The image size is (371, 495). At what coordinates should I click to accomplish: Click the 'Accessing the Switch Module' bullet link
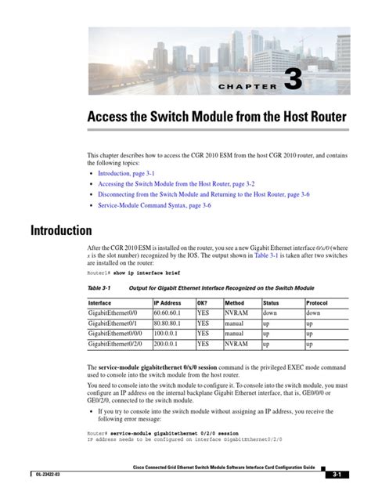pyautogui.click(x=176, y=182)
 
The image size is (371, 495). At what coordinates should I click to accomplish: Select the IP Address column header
pyautogui.click(x=167, y=302)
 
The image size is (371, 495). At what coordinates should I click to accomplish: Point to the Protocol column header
pyautogui.click(x=317, y=302)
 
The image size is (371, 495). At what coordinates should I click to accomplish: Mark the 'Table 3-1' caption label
pyautogui.click(x=99, y=288)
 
